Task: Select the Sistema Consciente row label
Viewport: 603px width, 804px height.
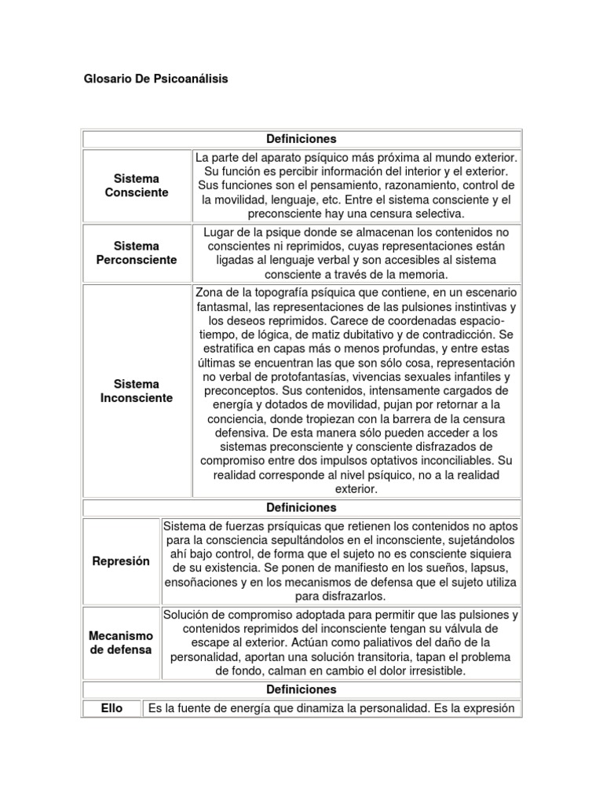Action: click(137, 186)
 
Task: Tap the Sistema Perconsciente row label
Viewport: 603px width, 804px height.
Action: click(137, 253)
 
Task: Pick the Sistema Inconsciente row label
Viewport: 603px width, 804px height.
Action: click(137, 391)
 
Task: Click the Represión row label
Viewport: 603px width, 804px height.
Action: click(120, 561)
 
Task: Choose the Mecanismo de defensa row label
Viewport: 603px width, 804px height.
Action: click(120, 642)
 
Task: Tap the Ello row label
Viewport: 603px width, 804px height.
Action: click(111, 709)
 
